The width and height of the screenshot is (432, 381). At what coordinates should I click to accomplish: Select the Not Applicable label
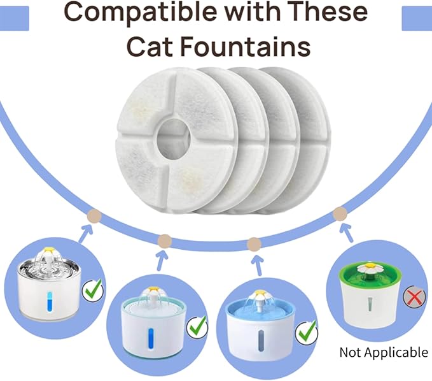(383, 352)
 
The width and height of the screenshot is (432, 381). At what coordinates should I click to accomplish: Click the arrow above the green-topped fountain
(348, 236)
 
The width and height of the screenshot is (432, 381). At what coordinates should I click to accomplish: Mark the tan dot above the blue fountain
(254, 243)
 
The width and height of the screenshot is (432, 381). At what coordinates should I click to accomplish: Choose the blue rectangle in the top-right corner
(417, 20)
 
